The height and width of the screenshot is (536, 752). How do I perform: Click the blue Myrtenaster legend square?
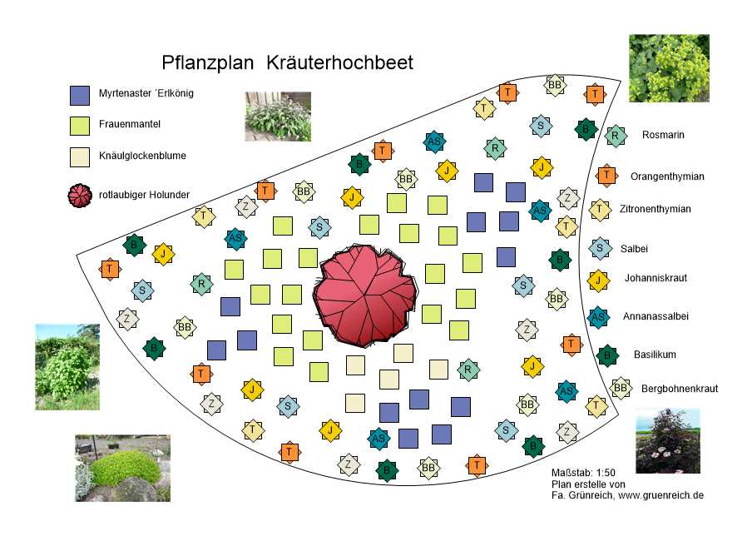(x=80, y=95)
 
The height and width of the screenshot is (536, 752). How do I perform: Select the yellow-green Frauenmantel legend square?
(x=80, y=126)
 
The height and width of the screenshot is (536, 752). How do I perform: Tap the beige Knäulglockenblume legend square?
(x=80, y=156)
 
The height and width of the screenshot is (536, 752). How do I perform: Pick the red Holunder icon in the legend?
(x=80, y=195)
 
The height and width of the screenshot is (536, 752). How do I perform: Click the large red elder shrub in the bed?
(x=363, y=295)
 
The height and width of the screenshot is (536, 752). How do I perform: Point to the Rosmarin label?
(x=663, y=135)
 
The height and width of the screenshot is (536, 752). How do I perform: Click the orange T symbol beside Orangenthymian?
(x=606, y=176)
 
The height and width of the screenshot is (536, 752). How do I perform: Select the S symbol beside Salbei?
(x=599, y=246)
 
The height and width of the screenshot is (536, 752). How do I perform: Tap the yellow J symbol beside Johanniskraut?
(x=597, y=280)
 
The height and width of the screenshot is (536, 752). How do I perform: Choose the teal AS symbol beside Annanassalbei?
(x=597, y=316)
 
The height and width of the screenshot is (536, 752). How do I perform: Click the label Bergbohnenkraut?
(x=679, y=389)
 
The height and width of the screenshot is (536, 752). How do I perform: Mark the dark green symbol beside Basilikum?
(x=607, y=355)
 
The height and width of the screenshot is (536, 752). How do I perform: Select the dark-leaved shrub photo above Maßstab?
(x=667, y=440)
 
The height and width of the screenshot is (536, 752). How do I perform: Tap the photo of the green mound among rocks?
(x=121, y=468)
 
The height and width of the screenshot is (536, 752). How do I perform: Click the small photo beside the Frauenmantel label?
(x=278, y=116)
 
